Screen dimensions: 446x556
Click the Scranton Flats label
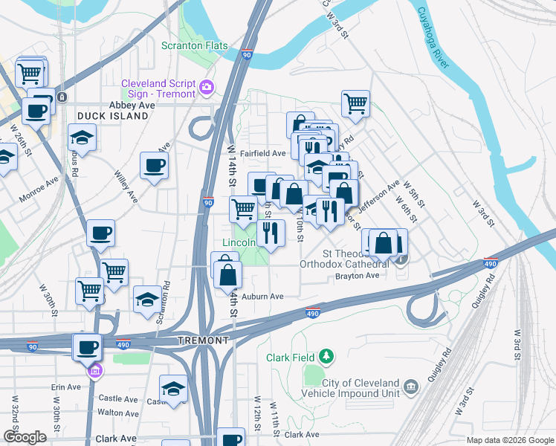(195, 46)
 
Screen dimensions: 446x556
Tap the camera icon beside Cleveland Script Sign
(207, 88)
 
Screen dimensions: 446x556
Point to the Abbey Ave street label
(132, 106)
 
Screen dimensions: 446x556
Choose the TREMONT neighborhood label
(204, 340)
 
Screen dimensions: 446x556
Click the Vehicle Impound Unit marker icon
(412, 386)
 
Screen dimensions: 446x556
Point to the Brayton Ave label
(358, 276)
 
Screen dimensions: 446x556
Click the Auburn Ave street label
(265, 296)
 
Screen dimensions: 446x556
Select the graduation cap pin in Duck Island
(83, 137)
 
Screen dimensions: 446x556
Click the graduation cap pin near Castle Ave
(173, 389)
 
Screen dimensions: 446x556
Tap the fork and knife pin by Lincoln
(271, 233)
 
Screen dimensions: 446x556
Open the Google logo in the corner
(25, 437)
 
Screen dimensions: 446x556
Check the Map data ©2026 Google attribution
(509, 440)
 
